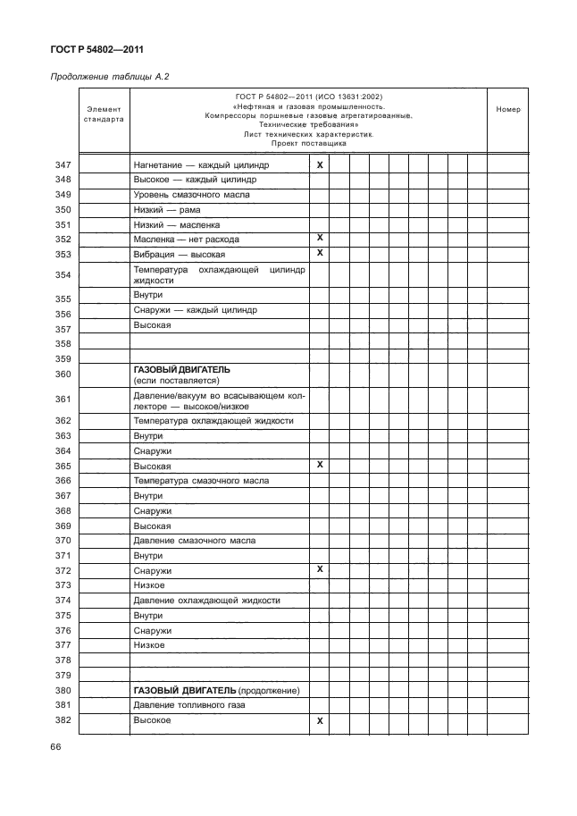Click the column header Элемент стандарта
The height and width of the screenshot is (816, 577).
coord(104,114)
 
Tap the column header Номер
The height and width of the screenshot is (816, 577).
coord(507,109)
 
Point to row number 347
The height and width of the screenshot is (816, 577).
coord(63,165)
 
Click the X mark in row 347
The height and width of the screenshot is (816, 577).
coord(319,165)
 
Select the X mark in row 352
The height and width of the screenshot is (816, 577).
coord(319,238)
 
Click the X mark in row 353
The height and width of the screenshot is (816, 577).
coord(319,253)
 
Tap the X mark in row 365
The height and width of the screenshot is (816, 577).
coord(319,465)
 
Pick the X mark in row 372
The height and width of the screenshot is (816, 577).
coord(319,568)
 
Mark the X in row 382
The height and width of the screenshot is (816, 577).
coord(319,720)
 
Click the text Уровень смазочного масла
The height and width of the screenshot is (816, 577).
coord(191,195)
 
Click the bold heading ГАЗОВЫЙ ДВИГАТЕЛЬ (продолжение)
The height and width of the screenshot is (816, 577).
coord(215,691)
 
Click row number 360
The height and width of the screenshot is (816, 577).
coord(63,374)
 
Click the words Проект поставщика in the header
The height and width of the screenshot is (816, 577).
coord(307,143)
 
